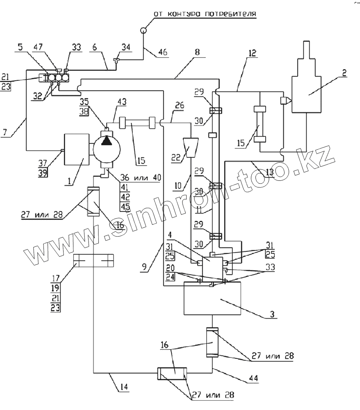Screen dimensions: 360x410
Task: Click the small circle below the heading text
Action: [144, 30]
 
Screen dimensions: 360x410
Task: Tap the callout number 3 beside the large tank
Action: [272, 314]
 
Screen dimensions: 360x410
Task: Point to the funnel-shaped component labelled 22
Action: [190, 148]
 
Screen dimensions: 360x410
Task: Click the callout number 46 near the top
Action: [163, 52]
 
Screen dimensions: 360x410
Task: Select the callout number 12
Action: [252, 53]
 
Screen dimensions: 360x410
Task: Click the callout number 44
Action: [253, 378]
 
